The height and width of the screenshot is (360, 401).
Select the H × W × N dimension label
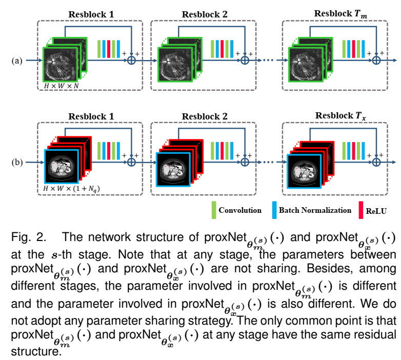pyautogui.click(x=61, y=85)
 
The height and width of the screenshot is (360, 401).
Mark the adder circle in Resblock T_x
pyautogui.click(x=376, y=162)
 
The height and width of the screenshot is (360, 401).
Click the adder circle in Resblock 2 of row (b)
pyautogui.click(x=245, y=162)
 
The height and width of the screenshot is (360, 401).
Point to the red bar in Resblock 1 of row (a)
pyautogui.click(x=109, y=49)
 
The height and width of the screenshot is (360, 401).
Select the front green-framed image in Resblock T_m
pyautogui.click(x=306, y=64)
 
